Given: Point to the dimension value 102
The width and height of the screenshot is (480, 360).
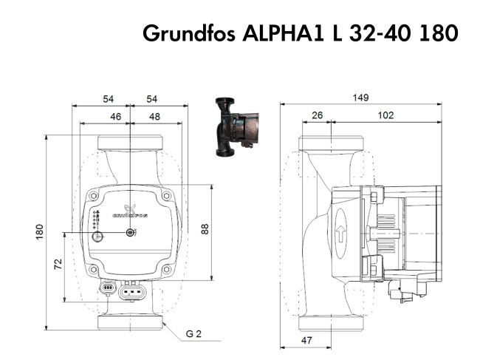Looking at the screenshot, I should pyautogui.click(x=385, y=115).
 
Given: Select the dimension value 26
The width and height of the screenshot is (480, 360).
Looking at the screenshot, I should pyautogui.click(x=317, y=115).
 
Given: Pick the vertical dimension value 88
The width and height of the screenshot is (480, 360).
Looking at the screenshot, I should pyautogui.click(x=206, y=228).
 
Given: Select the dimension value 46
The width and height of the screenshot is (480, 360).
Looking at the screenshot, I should pyautogui.click(x=115, y=116).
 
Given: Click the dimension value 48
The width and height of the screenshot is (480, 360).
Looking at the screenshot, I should pyautogui.click(x=154, y=116).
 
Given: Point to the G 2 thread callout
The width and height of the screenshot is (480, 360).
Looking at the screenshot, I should pyautogui.click(x=194, y=334).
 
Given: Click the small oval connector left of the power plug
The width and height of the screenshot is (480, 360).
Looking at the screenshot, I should pyautogui.click(x=107, y=288).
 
